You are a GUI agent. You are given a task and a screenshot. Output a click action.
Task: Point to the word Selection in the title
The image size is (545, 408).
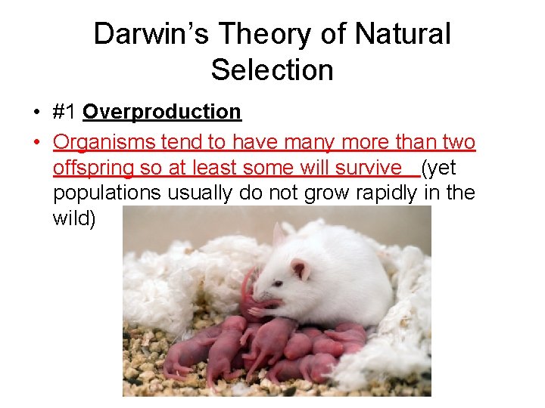coord(272,70)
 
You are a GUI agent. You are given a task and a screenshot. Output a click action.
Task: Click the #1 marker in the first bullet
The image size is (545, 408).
coord(65,112)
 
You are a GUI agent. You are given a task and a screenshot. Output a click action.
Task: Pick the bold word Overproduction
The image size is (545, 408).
coord(162,112)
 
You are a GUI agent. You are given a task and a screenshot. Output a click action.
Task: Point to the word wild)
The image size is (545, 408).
coord(74,218)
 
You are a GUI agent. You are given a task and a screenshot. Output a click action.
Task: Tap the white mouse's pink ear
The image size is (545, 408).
coord(301,269)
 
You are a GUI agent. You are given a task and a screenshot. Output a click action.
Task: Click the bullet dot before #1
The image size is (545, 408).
coord(36,113)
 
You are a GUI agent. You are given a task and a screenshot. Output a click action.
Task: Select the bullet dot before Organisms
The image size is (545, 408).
coord(36,142)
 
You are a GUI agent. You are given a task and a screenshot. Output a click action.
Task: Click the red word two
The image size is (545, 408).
coord(458,142)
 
